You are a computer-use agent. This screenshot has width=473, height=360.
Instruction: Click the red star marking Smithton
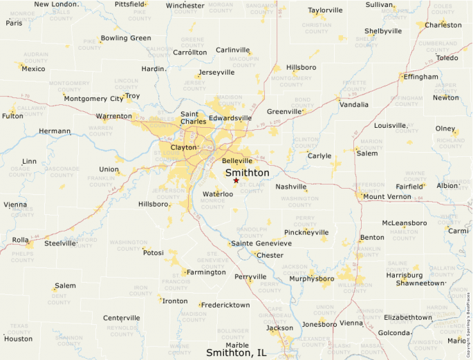236,180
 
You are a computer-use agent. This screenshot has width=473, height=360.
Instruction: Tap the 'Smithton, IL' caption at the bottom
236,352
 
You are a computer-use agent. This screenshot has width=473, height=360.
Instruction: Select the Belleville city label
237,161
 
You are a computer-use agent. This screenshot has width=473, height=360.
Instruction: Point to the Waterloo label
218,194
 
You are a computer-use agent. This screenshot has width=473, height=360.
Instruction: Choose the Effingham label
421,77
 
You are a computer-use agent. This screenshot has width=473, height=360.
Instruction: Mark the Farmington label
206,272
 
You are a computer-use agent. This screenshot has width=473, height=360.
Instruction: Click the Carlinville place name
232,50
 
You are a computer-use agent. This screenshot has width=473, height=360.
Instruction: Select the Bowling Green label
126,38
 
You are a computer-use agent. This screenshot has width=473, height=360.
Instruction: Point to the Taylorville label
325,10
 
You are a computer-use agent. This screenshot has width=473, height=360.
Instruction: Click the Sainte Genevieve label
261,244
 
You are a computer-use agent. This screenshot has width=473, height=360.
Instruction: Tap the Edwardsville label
230,118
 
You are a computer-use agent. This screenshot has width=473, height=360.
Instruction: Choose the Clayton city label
183,148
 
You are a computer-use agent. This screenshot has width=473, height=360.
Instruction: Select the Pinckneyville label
306,232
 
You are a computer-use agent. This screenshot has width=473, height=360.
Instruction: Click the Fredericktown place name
226,305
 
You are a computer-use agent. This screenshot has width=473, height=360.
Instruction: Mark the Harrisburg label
404,275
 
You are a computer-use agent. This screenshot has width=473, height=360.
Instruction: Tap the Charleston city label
443,25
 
